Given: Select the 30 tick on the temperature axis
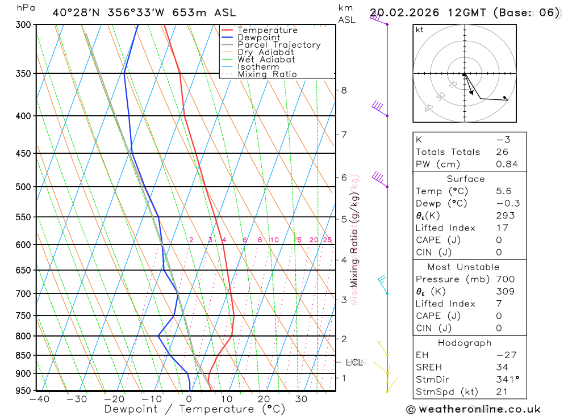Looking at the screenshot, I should point(301,399).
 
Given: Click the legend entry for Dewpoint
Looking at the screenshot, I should point(258,37).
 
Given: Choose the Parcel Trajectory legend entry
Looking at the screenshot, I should point(278,45).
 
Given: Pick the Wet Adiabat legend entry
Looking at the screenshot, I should point(266,60).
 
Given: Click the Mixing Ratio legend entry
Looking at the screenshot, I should point(266,74).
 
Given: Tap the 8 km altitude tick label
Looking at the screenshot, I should point(344,90).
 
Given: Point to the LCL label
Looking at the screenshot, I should point(354,362).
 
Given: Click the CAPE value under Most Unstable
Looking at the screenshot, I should point(499,316).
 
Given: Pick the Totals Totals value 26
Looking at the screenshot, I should point(502,152).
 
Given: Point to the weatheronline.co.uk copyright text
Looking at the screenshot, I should point(473,409).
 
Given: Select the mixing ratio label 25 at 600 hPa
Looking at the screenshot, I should point(327,240).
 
